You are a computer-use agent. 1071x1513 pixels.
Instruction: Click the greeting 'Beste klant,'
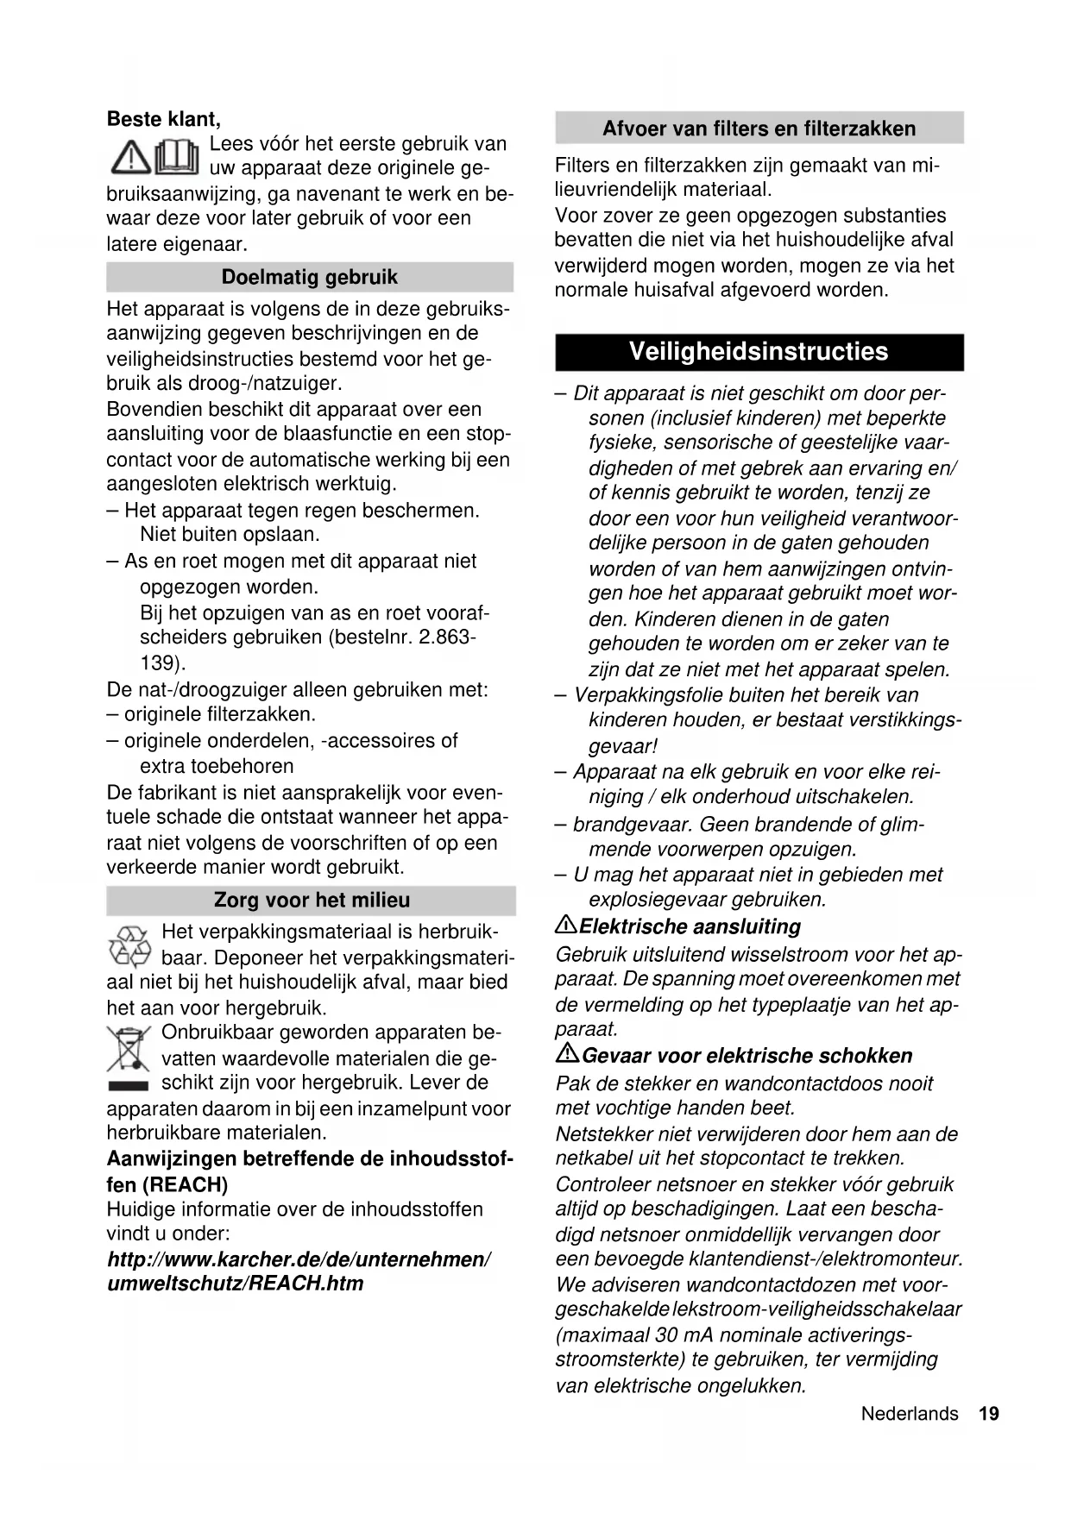point(163,119)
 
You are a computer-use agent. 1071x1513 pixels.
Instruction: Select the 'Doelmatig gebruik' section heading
point(309,277)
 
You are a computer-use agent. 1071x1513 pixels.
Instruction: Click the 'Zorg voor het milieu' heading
point(312,900)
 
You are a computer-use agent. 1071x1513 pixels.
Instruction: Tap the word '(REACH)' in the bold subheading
point(183,1184)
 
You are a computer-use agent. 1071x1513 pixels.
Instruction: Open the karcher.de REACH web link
point(299,1271)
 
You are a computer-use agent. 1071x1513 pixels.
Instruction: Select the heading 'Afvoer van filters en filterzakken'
point(759,129)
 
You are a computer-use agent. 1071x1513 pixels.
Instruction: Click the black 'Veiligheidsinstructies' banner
point(759,352)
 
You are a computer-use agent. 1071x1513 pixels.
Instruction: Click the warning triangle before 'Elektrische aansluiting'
point(565,926)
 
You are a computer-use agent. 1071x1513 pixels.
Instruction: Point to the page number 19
point(989,1414)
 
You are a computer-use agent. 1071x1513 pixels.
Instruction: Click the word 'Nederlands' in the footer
point(909,1414)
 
